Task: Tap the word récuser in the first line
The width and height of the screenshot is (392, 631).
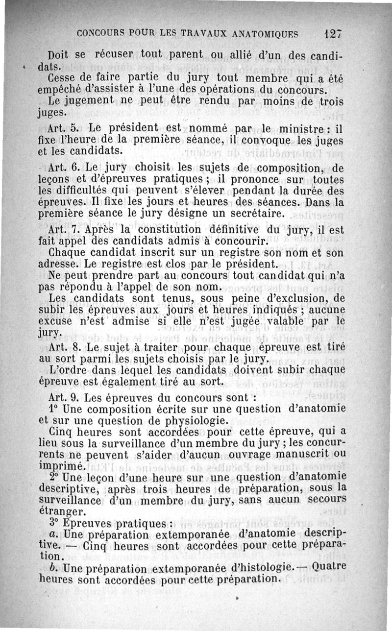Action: point(110,55)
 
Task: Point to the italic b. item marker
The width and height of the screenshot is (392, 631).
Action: point(54,569)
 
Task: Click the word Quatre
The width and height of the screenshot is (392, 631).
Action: point(329,567)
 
